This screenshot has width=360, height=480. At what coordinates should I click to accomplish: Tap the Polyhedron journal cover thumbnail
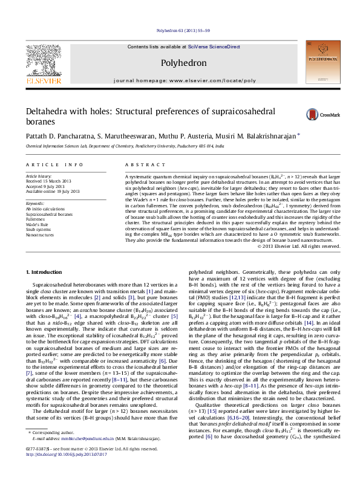click(321, 61)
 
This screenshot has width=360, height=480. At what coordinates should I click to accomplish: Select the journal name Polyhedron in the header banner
click(184, 63)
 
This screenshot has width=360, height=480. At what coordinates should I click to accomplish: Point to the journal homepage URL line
click(184, 80)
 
